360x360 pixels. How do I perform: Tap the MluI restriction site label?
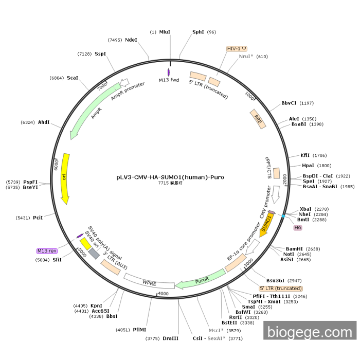(x=165, y=32)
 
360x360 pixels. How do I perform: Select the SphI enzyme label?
(x=198, y=32)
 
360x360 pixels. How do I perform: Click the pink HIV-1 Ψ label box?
(x=237, y=48)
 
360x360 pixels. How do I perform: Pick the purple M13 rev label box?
(x=47, y=251)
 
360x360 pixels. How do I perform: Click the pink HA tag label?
(x=298, y=227)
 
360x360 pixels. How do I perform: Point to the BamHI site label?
(x=295, y=249)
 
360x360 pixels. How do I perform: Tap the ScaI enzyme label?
(x=73, y=78)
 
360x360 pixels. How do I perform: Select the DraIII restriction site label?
(x=171, y=338)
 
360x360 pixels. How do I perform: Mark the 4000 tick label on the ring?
(x=163, y=293)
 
